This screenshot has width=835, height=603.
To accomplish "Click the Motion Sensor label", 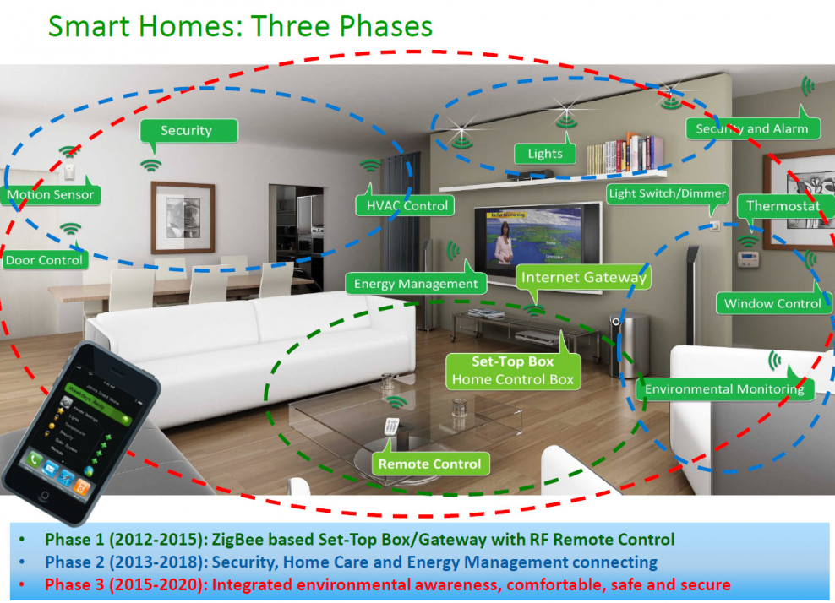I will point(51,195).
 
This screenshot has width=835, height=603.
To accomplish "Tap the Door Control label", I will point(45,260).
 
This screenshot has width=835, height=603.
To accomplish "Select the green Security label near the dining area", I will point(186,131).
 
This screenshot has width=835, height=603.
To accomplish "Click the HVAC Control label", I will point(402,205).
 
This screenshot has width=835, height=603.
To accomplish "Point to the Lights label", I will point(545,154).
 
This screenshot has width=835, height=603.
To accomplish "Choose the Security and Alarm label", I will point(751,129).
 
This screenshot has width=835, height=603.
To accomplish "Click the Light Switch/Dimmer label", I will point(667,193).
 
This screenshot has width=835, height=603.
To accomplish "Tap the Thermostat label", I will point(783,206).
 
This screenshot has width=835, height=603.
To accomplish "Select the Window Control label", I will point(772,303).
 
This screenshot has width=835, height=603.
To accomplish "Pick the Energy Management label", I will point(415,284).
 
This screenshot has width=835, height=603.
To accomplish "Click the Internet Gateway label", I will point(583,277).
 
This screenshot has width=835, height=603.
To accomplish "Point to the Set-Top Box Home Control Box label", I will point(512,371).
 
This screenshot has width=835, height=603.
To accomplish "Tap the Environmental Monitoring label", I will point(723,389).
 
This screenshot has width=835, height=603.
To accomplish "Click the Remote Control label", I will point(429,464).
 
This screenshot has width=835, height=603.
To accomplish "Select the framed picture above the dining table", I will point(183,217).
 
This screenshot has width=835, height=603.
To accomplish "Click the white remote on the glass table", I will point(390,428).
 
